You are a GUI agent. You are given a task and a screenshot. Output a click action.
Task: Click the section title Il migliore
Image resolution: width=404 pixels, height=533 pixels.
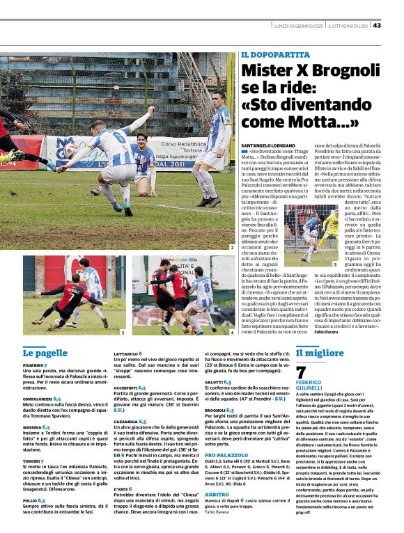[x=319, y=352]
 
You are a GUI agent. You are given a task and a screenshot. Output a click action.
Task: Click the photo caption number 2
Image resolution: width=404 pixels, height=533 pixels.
[x=231, y=247]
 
